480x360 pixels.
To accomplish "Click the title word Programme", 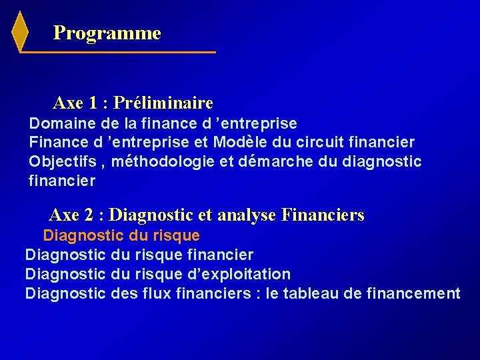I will click(x=107, y=33).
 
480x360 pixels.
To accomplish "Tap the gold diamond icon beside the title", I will click(x=21, y=31).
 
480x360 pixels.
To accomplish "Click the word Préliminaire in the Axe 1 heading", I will click(x=163, y=103).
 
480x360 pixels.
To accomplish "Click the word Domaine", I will click(x=55, y=123).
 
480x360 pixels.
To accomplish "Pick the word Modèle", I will click(x=237, y=142).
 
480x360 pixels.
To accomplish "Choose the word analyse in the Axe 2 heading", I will click(x=247, y=215).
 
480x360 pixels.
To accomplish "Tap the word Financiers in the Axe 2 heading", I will click(x=323, y=215).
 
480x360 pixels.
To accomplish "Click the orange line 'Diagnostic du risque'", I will click(x=121, y=235).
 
